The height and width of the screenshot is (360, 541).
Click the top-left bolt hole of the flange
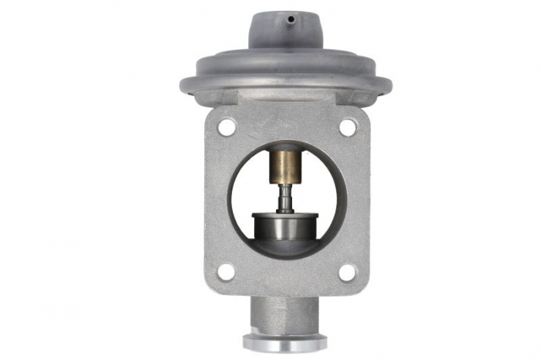(226, 127)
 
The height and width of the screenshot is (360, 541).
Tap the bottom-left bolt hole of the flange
(226, 271)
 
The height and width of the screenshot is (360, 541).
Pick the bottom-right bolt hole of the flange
(347, 271)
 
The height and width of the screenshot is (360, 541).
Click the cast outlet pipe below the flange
(285, 313)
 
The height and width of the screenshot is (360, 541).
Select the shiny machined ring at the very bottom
(285, 341)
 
